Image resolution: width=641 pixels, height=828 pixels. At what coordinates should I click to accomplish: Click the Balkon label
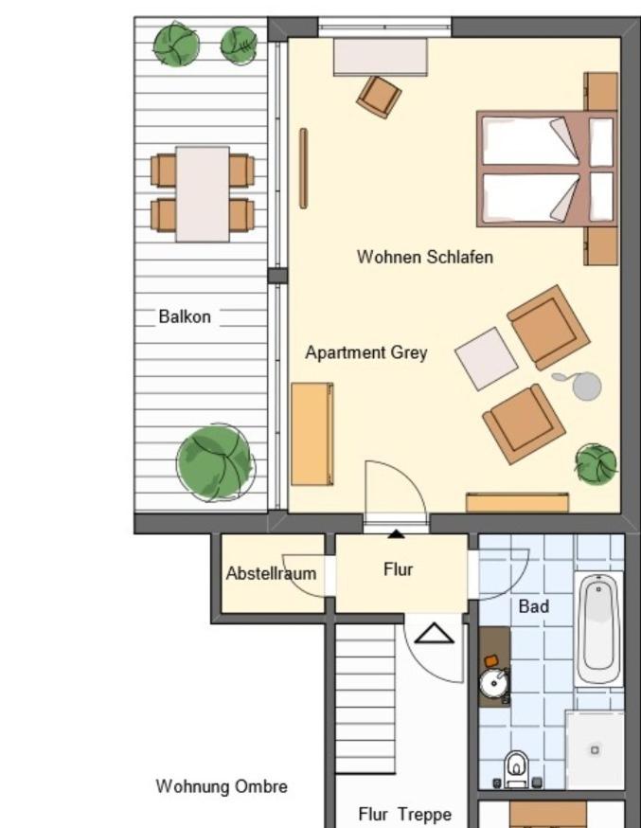pos(185,316)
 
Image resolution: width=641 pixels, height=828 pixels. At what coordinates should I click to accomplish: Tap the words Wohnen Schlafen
pos(425,257)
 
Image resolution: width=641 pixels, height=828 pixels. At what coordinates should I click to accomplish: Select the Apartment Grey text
pos(366,352)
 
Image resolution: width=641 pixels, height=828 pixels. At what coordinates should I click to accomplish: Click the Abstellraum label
pos(271,573)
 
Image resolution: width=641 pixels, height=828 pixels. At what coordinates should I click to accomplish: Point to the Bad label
pos(534,606)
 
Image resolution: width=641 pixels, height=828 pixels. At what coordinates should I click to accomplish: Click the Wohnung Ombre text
pos(222,786)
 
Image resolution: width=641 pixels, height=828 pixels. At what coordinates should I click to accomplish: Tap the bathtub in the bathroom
pos(598,628)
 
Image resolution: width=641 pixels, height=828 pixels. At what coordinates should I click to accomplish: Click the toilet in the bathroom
pos(517,769)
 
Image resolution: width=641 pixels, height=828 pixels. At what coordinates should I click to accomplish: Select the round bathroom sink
pos(494,684)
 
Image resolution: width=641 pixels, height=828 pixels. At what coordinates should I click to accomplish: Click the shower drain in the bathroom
pos(596,750)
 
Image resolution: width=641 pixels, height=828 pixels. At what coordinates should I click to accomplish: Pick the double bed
pos(547,169)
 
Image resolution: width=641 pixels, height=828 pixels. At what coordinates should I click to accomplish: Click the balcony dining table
pos(203,194)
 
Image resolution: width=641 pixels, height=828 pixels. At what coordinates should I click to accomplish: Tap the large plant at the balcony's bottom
pos(216,462)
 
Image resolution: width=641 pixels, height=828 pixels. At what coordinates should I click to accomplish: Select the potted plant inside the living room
pos(596,464)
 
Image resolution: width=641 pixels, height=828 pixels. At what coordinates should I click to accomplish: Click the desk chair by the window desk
pos(379,98)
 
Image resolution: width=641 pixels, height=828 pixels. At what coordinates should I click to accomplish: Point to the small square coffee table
pos(487,358)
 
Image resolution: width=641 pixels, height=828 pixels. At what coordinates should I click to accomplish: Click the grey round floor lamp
pos(587,386)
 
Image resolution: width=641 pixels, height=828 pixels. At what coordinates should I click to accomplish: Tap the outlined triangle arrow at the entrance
pos(435,634)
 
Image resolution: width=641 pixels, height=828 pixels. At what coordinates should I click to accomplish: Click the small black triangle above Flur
pos(396,534)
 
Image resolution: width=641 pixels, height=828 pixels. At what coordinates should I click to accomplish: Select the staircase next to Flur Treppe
pos(365,698)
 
